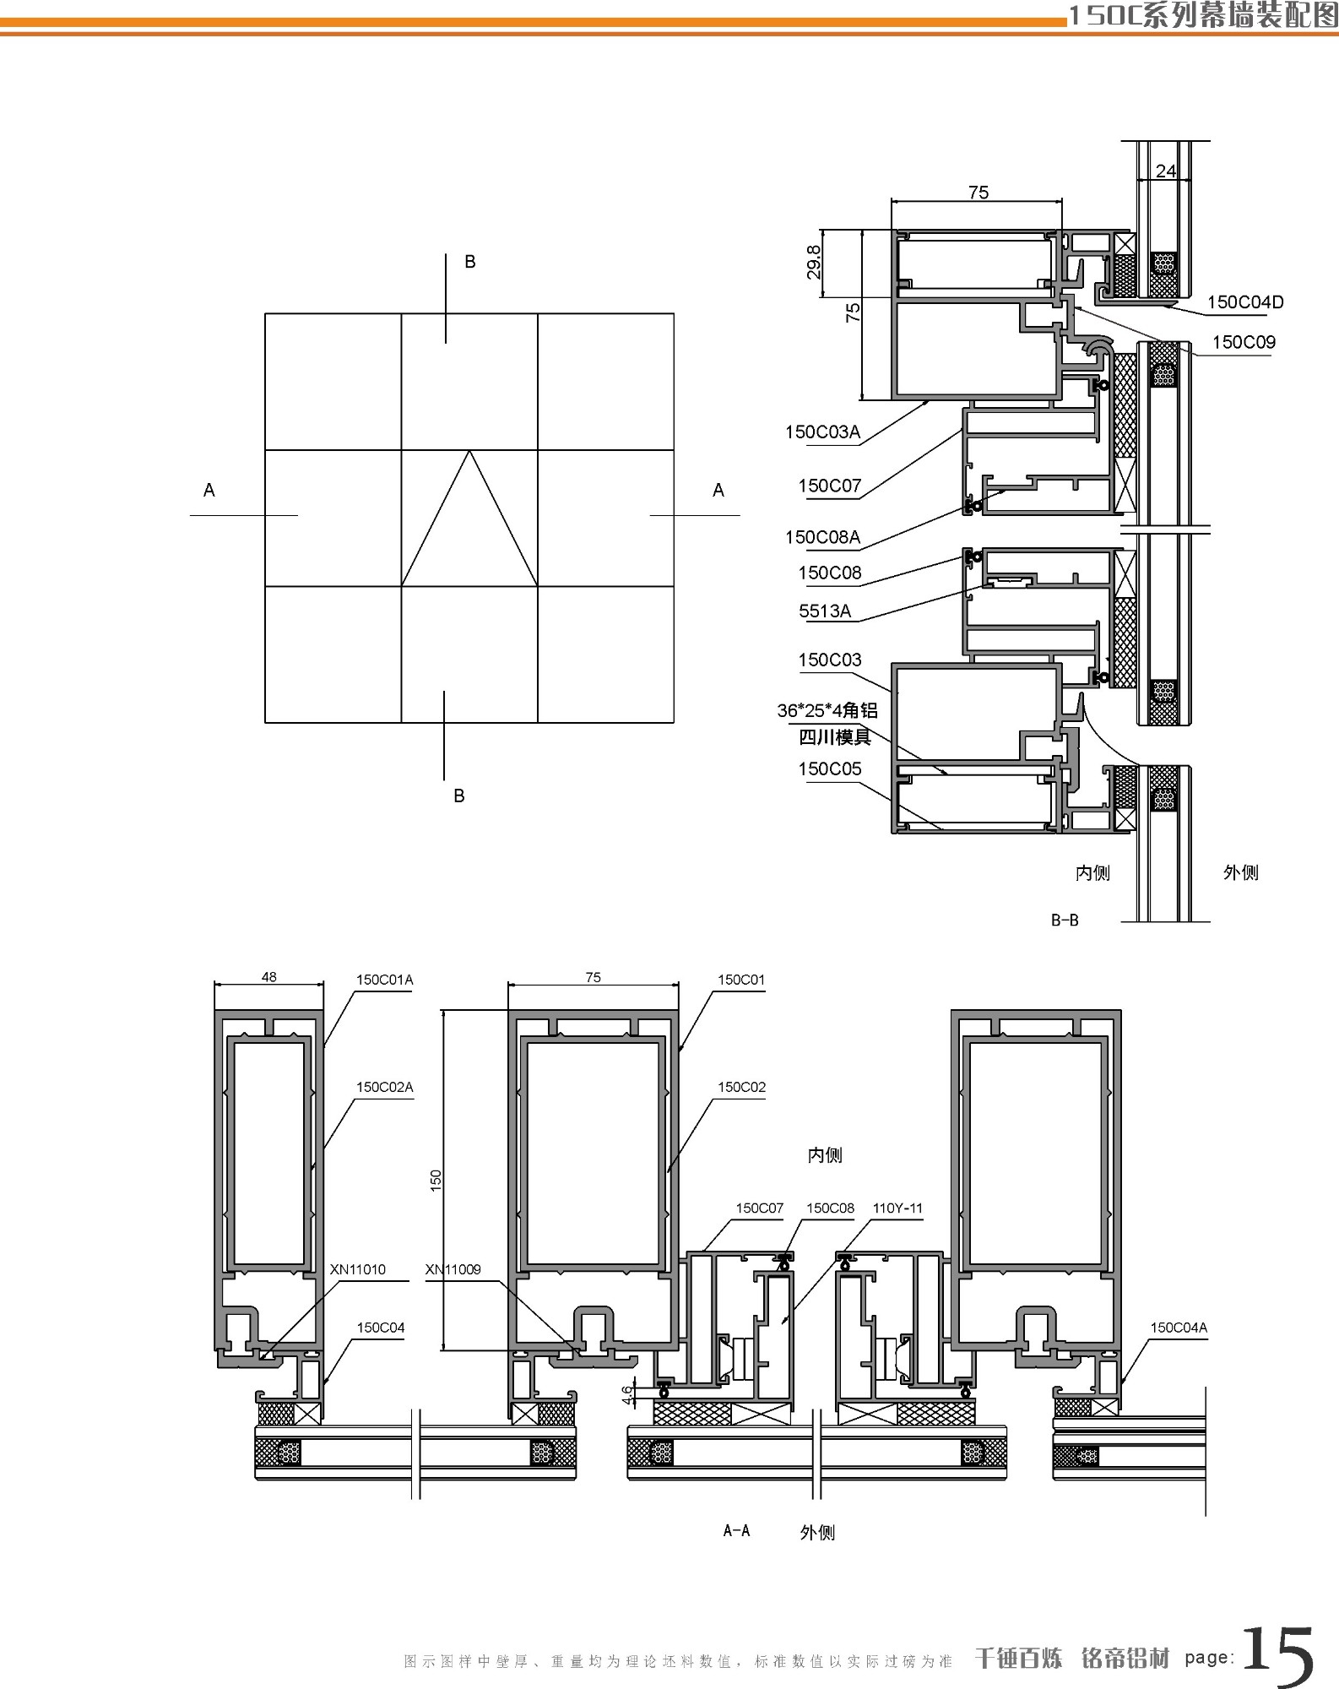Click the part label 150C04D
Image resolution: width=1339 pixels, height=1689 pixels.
pyautogui.click(x=1245, y=302)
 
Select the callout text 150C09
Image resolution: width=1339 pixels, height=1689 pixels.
pyautogui.click(x=1244, y=342)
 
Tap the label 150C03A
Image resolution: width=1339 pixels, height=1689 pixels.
pyautogui.click(x=822, y=432)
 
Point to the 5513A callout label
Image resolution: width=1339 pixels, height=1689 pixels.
pyautogui.click(x=825, y=611)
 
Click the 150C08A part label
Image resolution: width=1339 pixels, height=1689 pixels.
pyautogui.click(x=822, y=537)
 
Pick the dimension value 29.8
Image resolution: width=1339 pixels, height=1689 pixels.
pyautogui.click(x=813, y=263)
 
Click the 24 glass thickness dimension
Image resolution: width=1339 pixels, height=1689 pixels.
pyautogui.click(x=1166, y=171)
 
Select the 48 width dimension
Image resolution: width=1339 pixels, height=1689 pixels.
pyautogui.click(x=268, y=977)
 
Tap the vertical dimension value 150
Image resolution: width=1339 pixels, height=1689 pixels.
pyautogui.click(x=436, y=1180)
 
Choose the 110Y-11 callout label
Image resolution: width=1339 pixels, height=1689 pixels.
pyautogui.click(x=897, y=1208)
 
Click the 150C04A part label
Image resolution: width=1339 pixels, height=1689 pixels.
pyautogui.click(x=1179, y=1328)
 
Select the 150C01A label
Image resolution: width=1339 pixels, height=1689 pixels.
pyautogui.click(x=384, y=980)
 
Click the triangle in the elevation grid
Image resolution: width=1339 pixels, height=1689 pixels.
pyautogui.click(x=469, y=518)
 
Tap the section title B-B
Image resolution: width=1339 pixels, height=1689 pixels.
pyautogui.click(x=1065, y=921)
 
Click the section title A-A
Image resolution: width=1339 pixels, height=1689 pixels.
pyautogui.click(x=736, y=1530)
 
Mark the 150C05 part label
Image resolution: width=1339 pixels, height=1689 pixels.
pyautogui.click(x=830, y=768)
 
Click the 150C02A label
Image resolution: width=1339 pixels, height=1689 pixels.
pyautogui.click(x=384, y=1087)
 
